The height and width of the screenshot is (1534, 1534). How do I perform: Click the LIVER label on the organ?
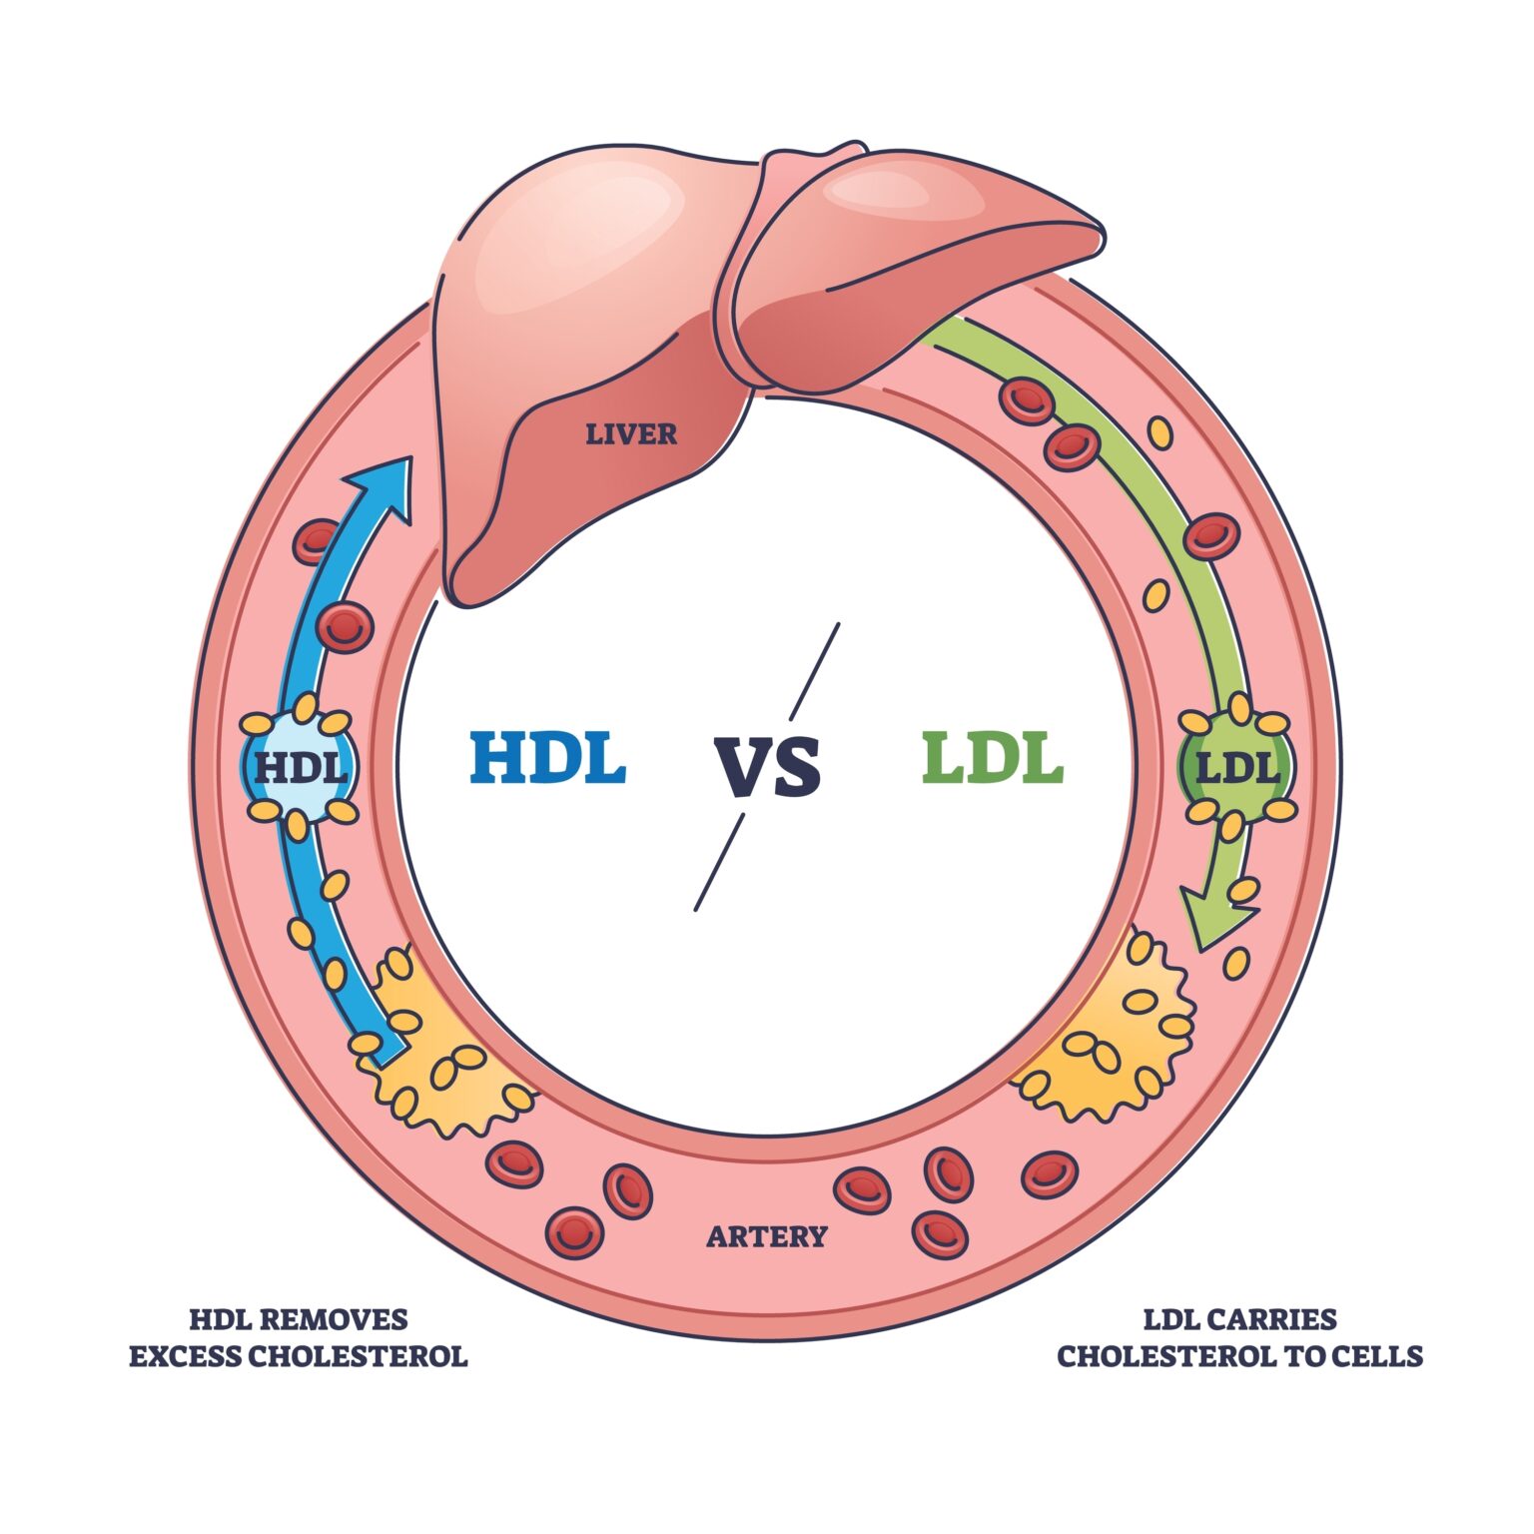tap(630, 434)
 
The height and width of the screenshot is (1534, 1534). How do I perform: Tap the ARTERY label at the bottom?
tap(766, 1236)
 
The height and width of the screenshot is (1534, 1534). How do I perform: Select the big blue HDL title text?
tap(547, 758)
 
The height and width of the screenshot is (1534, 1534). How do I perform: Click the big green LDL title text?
tap(992, 758)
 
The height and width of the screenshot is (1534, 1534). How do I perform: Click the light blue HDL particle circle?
tap(300, 768)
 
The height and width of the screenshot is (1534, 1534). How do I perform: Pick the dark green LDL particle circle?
tap(1237, 768)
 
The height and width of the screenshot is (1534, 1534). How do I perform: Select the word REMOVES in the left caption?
tap(337, 1320)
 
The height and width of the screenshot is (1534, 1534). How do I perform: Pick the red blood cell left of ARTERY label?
tap(626, 1190)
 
